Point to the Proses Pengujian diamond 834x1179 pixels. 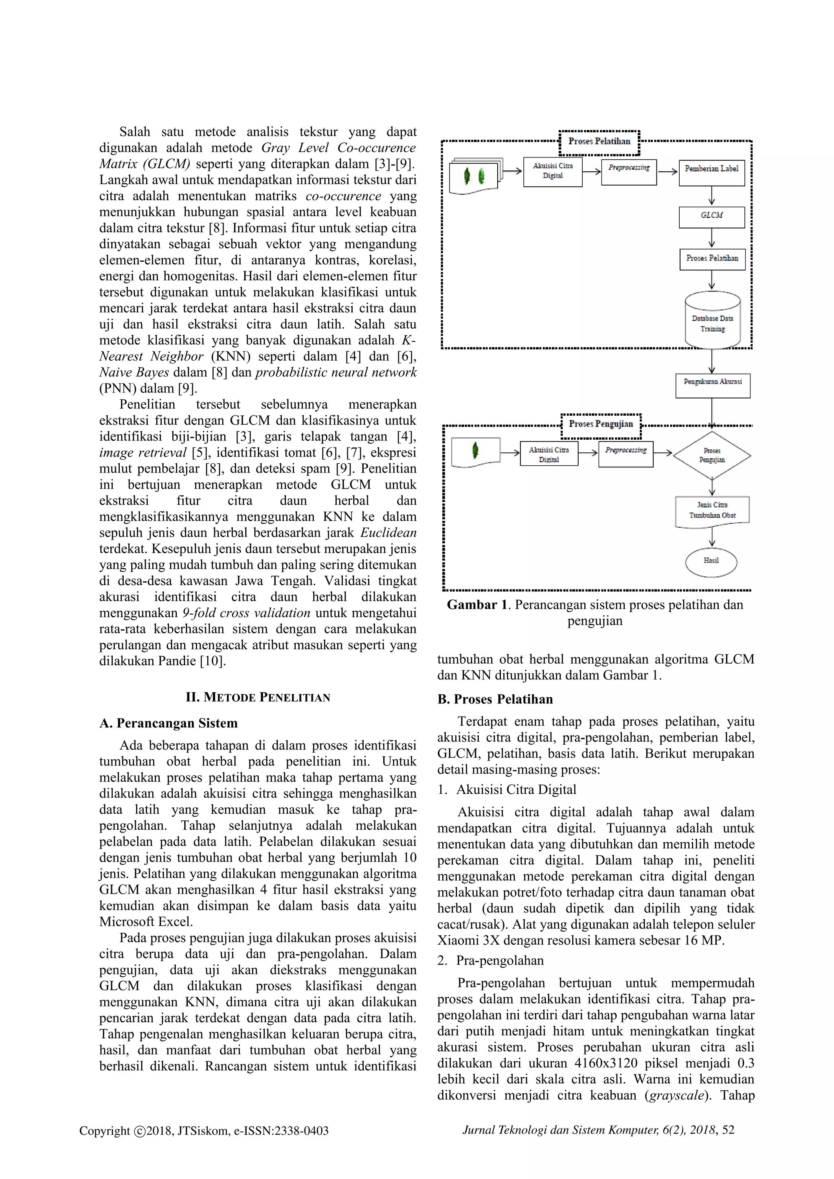click(712, 455)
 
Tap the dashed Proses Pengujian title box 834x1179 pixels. click(601, 425)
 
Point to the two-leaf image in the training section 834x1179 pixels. click(474, 176)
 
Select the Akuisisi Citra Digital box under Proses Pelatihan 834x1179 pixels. click(553, 171)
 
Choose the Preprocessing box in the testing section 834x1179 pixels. click(625, 454)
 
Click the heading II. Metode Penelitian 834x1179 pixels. click(258, 697)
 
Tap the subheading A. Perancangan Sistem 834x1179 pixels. click(169, 723)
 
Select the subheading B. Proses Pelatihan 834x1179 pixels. click(495, 699)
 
